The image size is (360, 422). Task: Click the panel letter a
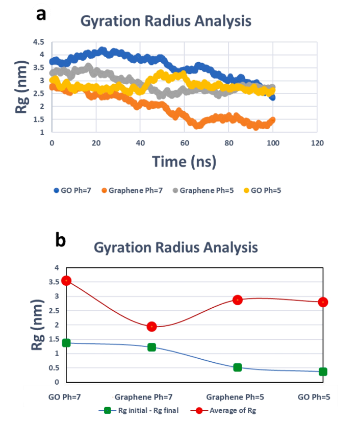41,14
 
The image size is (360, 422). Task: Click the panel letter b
61,240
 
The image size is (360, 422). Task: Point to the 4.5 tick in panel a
38,42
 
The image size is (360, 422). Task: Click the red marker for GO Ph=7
66,280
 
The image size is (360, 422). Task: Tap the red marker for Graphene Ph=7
151,327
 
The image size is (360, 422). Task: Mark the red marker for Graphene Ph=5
237,300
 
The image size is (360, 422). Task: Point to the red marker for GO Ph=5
323,302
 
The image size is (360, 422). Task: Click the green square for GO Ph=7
66,343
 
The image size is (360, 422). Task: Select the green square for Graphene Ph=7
151,347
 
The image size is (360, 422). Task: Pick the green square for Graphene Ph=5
237,367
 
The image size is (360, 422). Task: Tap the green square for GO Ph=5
323,371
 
